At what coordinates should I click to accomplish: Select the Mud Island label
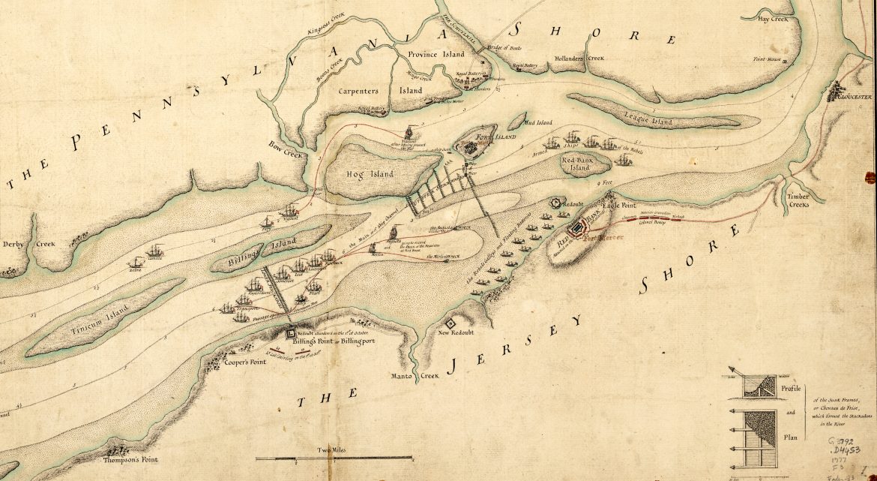538,122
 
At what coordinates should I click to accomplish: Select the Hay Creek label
774,19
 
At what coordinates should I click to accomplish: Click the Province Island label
436,55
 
